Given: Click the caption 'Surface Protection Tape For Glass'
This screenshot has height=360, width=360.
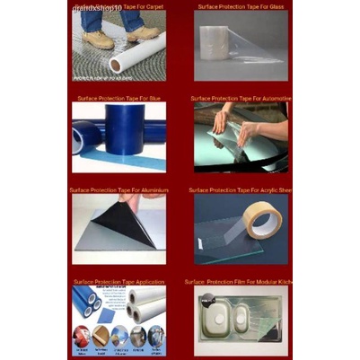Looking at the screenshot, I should (241, 5).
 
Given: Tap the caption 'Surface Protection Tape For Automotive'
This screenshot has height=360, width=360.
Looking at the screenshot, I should (241, 98).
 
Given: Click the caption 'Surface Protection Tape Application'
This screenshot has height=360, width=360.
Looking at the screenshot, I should (119, 282).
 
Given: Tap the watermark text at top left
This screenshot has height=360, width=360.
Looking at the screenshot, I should (97, 7).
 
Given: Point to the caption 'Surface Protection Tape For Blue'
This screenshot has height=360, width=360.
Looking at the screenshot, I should (119, 98).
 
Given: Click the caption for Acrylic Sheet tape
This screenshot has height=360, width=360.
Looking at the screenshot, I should (241, 190).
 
